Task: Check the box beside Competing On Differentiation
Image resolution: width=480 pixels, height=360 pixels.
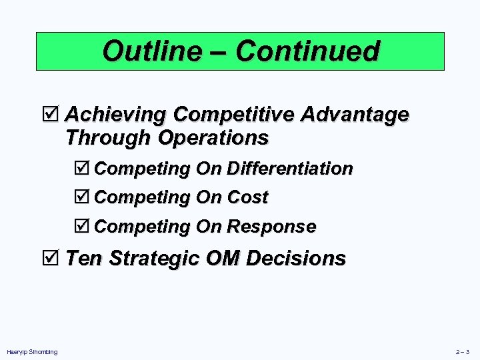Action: pos(85,168)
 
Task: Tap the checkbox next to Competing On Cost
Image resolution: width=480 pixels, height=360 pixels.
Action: pos(85,197)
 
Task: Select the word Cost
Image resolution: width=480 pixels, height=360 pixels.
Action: pos(247,197)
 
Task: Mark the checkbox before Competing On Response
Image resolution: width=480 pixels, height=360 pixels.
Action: pos(85,227)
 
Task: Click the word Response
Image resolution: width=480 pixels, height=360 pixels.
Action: pos(271,227)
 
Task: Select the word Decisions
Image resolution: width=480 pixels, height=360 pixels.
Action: pos(296,257)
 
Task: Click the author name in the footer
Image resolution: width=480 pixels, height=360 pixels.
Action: pos(32,351)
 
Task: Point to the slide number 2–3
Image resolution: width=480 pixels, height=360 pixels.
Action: pos(463,351)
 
